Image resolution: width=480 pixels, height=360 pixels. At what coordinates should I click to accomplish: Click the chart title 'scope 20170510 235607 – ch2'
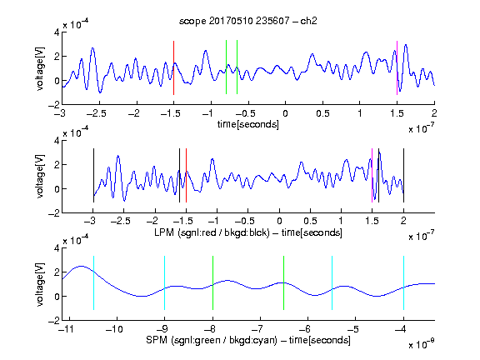pos(248,21)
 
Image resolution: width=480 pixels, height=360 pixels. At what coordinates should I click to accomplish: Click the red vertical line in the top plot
pos(173,67)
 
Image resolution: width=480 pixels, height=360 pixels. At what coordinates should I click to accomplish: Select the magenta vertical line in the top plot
pos(397,67)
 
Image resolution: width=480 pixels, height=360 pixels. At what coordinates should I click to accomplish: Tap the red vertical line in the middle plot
pos(186,175)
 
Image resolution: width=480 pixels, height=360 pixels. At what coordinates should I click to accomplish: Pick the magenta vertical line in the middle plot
pos(372,175)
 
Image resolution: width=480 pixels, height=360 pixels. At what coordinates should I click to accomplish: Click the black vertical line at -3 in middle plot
pos(93,175)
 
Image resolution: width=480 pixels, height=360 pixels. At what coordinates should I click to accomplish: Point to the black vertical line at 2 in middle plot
pos(403,175)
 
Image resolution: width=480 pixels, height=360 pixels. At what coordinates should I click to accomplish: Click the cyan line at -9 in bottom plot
pos(164,282)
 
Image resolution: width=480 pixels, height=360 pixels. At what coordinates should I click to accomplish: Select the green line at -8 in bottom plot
pos(212,282)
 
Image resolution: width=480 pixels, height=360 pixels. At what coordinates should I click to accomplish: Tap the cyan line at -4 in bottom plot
pos(403,282)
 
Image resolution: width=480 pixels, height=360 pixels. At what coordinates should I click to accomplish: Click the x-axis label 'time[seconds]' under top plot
pos(248,124)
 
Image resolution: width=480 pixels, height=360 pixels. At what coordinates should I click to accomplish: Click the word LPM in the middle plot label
pos(164,232)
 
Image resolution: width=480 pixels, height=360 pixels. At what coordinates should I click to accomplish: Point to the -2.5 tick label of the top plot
pos(96,113)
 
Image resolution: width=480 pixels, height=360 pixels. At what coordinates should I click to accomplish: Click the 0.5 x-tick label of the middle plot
pos(310,221)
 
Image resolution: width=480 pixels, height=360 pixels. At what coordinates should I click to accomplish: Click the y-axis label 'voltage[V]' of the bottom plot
pos(40,284)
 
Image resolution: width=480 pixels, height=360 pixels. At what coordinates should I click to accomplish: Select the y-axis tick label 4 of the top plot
pos(57,32)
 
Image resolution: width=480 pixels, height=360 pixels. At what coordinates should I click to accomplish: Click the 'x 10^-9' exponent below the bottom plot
pos(421,344)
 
